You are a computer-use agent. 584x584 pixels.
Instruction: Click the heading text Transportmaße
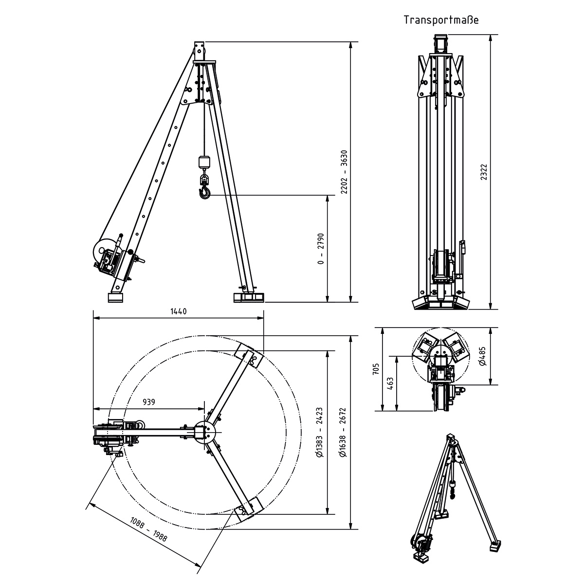click(441, 20)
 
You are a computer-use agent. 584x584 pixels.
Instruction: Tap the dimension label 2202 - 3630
click(345, 171)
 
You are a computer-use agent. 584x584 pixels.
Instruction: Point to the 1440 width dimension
click(179, 312)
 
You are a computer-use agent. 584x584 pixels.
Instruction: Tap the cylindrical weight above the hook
click(204, 162)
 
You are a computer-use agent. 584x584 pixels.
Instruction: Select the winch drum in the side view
click(103, 253)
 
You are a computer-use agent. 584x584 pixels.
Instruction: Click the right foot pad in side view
click(249, 297)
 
